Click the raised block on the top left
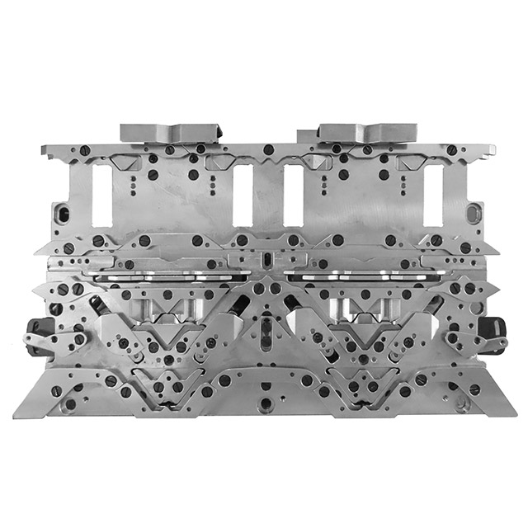click(171, 131)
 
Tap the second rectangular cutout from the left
click(243, 196)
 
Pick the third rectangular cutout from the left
click(293, 196)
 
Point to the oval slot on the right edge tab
click(471, 214)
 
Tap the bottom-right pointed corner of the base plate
click(511, 412)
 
